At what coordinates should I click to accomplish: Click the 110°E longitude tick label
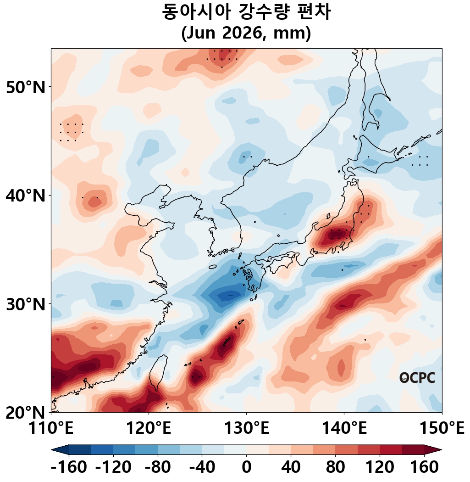(x=51, y=429)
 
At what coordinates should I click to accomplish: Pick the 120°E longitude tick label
(x=148, y=429)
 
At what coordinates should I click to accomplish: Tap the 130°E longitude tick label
(x=246, y=429)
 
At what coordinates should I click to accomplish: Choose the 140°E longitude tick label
(x=343, y=429)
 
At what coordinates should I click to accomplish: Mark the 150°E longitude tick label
(x=441, y=429)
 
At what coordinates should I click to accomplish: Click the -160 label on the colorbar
(x=69, y=468)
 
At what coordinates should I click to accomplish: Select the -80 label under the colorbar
(x=158, y=468)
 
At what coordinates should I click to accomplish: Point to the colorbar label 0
(x=246, y=468)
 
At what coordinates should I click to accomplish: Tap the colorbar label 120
(x=379, y=468)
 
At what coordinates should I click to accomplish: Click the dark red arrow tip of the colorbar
(x=436, y=450)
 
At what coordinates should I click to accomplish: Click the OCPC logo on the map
(x=417, y=378)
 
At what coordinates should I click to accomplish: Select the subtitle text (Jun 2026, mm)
(x=246, y=34)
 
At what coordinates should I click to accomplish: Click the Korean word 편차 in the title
(x=311, y=12)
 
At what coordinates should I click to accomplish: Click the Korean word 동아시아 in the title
(x=197, y=12)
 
